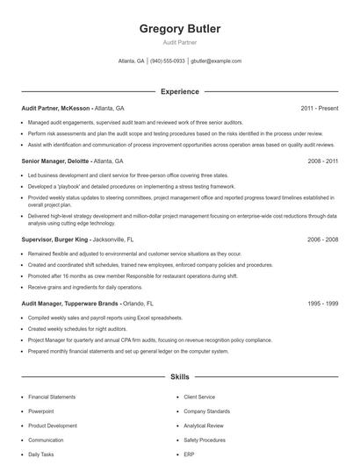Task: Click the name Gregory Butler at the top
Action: click(x=180, y=29)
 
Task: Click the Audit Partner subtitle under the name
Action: click(x=180, y=42)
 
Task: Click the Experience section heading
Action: click(x=180, y=91)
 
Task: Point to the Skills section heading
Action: click(x=180, y=377)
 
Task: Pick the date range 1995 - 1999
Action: click(x=323, y=304)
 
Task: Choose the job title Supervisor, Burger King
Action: click(x=54, y=239)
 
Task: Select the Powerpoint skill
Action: click(x=40, y=411)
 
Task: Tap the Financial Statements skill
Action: click(x=52, y=397)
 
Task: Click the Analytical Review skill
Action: click(x=204, y=426)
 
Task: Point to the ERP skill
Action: click(x=189, y=454)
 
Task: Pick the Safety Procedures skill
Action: click(x=205, y=440)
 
